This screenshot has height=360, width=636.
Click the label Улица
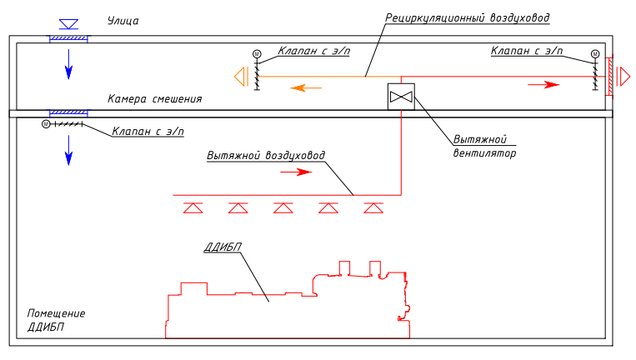[123, 21]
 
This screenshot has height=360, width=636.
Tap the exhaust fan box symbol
[402, 97]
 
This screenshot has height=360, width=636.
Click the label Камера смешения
[154, 98]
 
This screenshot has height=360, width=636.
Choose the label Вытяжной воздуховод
[266, 156]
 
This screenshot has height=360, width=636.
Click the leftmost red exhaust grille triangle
[193, 208]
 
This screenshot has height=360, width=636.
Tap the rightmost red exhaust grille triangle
[373, 208]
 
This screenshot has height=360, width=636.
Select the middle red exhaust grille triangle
[283, 208]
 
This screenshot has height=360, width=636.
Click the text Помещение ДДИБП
[56, 320]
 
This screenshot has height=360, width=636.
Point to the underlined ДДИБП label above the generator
[223, 247]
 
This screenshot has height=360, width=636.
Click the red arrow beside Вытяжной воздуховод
[296, 172]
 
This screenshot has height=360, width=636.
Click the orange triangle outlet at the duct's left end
[240, 77]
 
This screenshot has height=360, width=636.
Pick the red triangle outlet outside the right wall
[623, 77]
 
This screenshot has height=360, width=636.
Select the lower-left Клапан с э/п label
[148, 132]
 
